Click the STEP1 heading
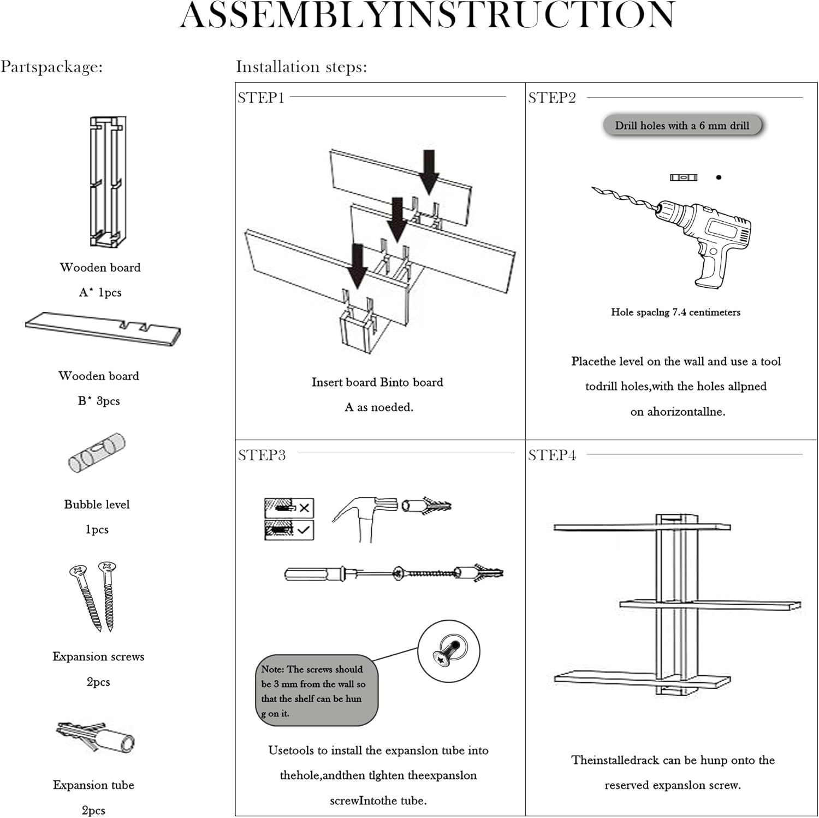click(261, 98)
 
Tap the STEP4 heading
click(551, 455)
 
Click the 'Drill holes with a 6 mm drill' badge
click(682, 126)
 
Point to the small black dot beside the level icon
click(719, 177)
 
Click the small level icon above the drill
click(683, 177)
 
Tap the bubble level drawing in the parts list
click(97, 453)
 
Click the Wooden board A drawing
click(108, 182)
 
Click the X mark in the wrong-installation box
click(304, 508)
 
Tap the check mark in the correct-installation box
click(304, 529)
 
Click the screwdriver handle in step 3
click(306, 574)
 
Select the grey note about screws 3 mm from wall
click(316, 691)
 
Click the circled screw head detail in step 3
click(448, 651)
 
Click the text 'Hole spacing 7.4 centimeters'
click(675, 312)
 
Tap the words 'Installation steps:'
click(301, 67)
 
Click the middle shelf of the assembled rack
click(710, 605)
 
